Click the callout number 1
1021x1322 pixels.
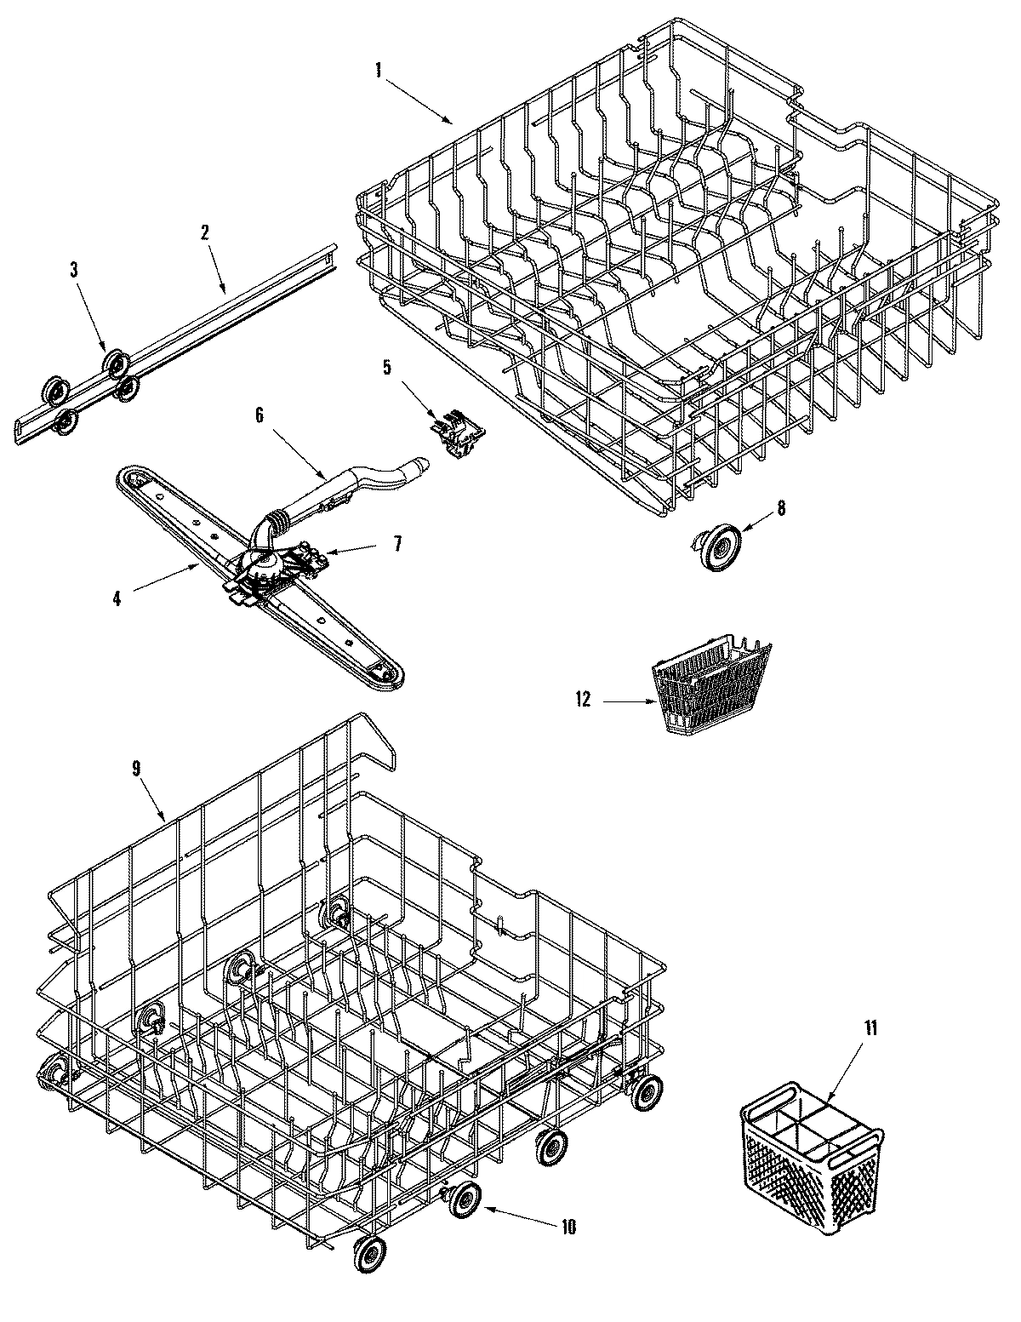(378, 71)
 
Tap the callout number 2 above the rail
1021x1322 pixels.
(205, 233)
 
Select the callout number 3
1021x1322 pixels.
(74, 271)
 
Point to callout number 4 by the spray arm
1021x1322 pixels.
(117, 598)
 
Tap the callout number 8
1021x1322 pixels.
(780, 508)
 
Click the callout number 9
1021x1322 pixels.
(136, 768)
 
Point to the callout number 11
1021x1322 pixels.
(869, 1028)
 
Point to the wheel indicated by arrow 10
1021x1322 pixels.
(464, 1200)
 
